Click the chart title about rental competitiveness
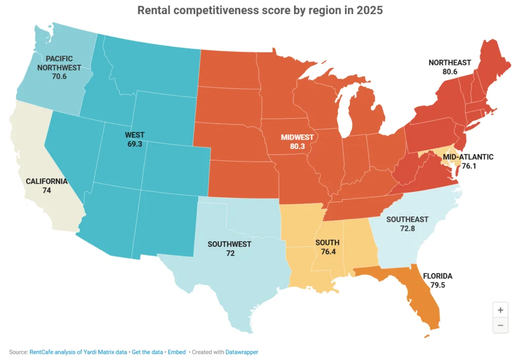(259, 11)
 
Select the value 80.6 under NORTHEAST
(450, 72)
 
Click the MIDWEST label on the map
(298, 137)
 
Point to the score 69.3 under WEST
(135, 145)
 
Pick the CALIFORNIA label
(47, 181)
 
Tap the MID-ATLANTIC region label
(468, 157)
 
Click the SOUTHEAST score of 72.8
(407, 229)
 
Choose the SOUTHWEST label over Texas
(230, 244)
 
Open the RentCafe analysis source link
(79, 351)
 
